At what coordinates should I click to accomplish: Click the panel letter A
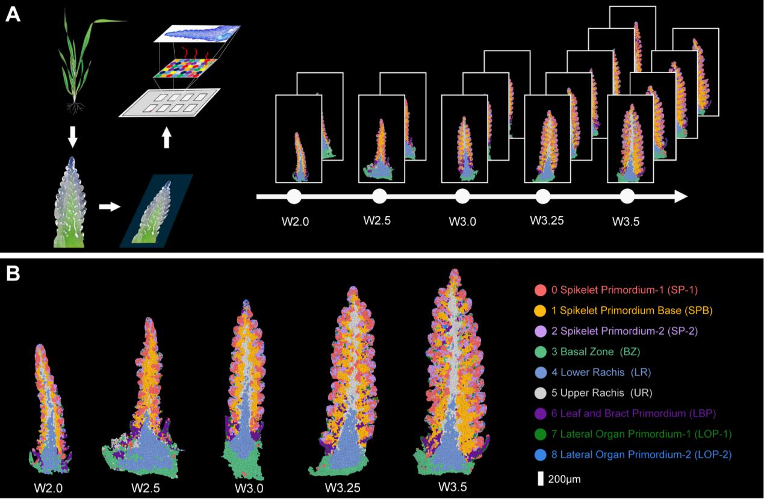[13, 14]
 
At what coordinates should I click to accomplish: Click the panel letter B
[13, 274]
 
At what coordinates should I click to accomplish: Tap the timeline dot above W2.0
[294, 196]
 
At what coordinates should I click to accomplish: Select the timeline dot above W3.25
[543, 196]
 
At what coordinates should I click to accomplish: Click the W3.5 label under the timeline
[626, 221]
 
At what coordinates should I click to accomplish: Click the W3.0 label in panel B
[245, 486]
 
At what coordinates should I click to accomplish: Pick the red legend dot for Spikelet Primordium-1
[541, 290]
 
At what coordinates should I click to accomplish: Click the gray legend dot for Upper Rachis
[541, 392]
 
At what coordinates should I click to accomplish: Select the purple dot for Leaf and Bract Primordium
[541, 413]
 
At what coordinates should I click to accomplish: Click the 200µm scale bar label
[565, 479]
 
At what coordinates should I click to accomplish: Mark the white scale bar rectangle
[541, 479]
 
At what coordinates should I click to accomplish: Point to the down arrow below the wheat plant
[72, 137]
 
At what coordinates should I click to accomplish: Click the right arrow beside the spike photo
[109, 206]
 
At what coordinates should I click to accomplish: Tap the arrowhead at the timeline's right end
[681, 196]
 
